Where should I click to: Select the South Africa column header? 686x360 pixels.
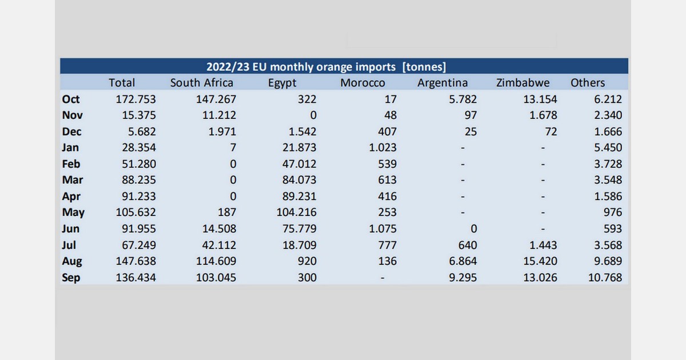(201, 83)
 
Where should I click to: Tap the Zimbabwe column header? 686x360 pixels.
(523, 83)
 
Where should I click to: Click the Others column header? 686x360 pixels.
(587, 83)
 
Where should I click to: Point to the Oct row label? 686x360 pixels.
(71, 99)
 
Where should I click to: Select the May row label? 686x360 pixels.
(73, 213)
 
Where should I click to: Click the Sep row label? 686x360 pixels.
(71, 278)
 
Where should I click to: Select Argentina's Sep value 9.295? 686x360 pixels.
(460, 278)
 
